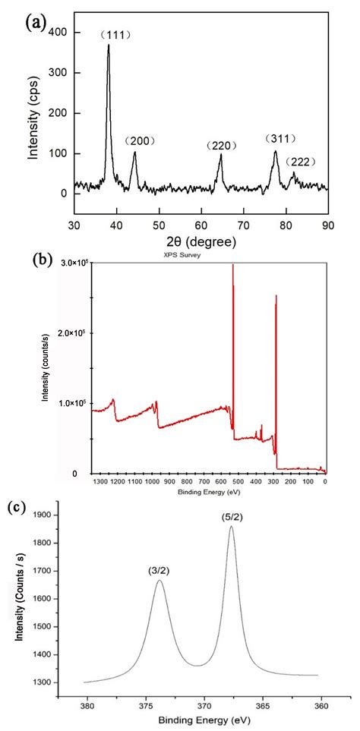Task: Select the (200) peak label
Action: pos(140,141)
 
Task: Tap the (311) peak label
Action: pos(280,138)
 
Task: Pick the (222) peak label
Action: pos(302,162)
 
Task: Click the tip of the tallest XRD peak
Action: pos(109,45)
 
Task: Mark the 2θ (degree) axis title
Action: pos(201,241)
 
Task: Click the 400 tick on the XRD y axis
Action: pos(58,33)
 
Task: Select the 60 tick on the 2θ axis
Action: pos(201,225)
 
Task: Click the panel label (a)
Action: pos(37,23)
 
